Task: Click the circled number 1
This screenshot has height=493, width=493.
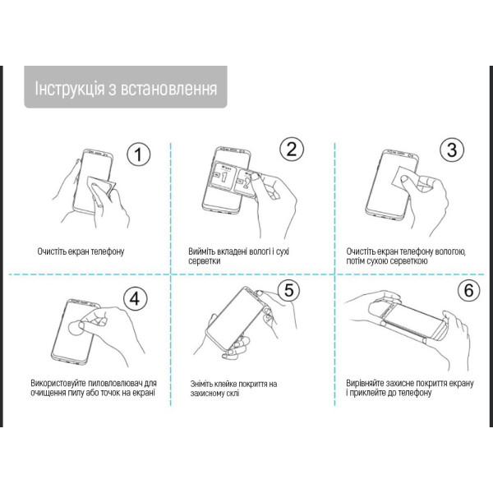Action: [140, 154]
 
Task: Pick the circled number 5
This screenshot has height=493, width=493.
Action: [288, 290]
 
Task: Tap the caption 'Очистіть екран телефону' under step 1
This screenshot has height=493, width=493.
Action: [85, 251]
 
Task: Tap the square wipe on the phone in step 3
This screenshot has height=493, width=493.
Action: [404, 178]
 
